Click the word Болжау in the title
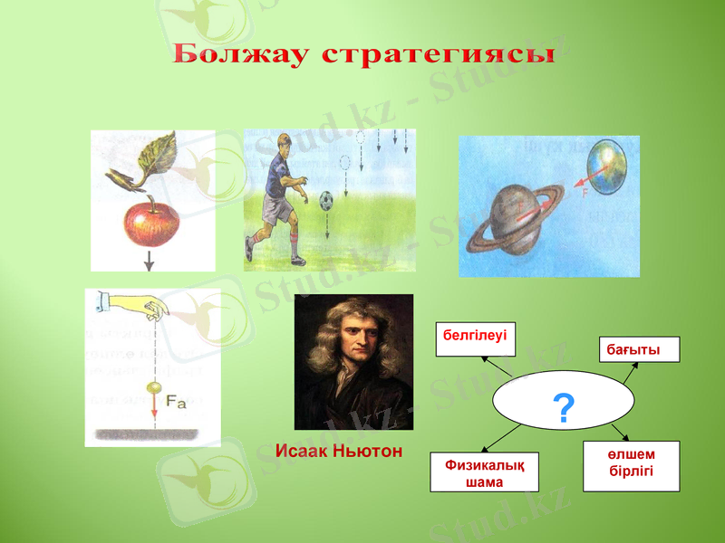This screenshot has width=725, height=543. (240, 54)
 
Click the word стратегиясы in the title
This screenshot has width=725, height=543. (439, 54)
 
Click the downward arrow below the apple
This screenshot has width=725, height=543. (150, 262)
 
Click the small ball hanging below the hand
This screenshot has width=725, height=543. (153, 388)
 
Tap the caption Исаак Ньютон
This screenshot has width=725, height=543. (339, 451)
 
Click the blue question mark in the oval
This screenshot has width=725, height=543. (563, 410)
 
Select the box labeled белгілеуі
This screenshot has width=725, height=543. (475, 338)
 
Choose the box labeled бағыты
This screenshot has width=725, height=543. (639, 349)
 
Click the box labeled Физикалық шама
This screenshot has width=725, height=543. (484, 472)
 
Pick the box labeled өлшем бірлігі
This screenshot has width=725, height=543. (631, 466)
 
